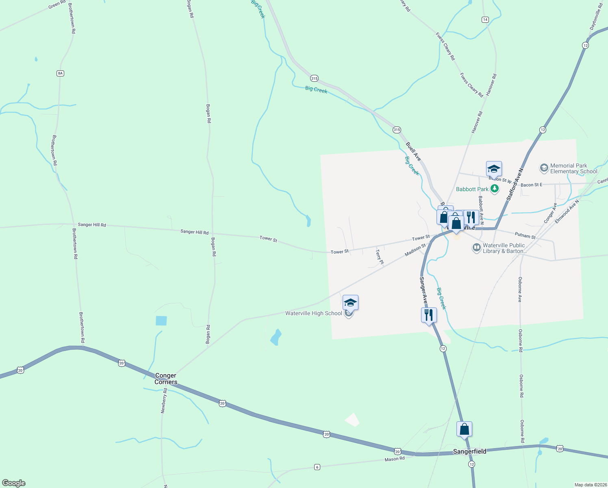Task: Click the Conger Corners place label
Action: tap(166, 379)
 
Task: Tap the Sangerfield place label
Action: tap(470, 451)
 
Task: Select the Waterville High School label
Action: tap(313, 313)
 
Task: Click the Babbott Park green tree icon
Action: tap(495, 189)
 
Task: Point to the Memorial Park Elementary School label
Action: tap(573, 168)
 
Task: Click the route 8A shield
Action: tap(61, 73)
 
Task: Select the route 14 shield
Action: tap(485, 20)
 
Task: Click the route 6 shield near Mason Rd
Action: tap(317, 467)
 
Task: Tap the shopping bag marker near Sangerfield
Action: tap(464, 429)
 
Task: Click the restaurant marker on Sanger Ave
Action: tap(429, 315)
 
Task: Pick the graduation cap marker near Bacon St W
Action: tap(494, 169)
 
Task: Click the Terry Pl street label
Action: tap(379, 257)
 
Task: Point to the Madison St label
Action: tap(415, 250)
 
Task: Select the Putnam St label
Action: tap(525, 235)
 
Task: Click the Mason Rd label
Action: tap(395, 459)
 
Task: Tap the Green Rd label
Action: tap(57, 4)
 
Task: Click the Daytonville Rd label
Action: tap(596, 16)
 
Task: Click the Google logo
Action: tap(13, 483)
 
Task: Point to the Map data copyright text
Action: tap(590, 485)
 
